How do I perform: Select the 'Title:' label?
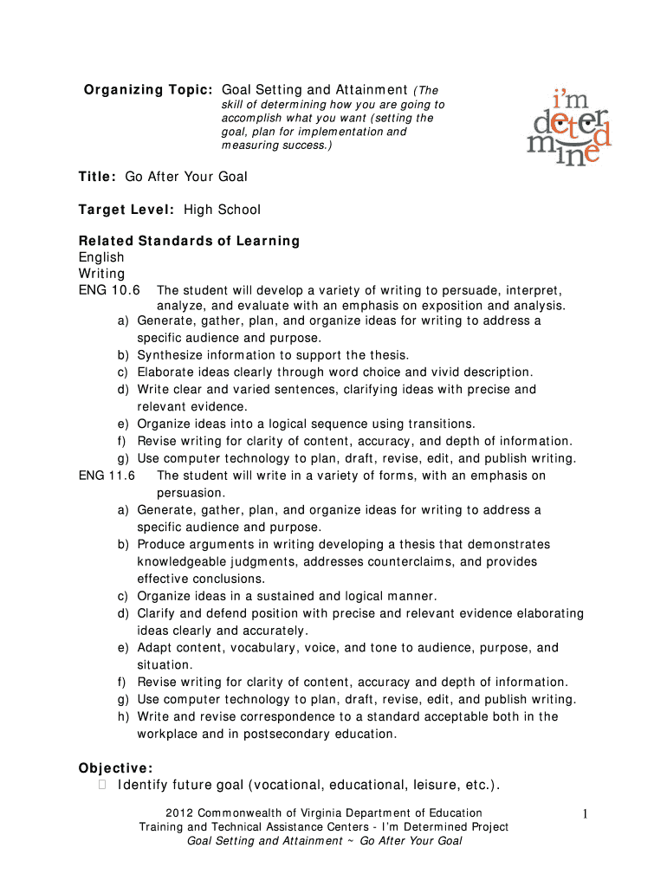click(x=97, y=177)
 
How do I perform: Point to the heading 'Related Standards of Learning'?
click(x=189, y=241)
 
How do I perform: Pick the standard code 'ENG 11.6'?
click(x=107, y=476)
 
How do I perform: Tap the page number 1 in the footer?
click(x=586, y=813)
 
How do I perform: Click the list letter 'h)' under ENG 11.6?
click(x=124, y=717)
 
